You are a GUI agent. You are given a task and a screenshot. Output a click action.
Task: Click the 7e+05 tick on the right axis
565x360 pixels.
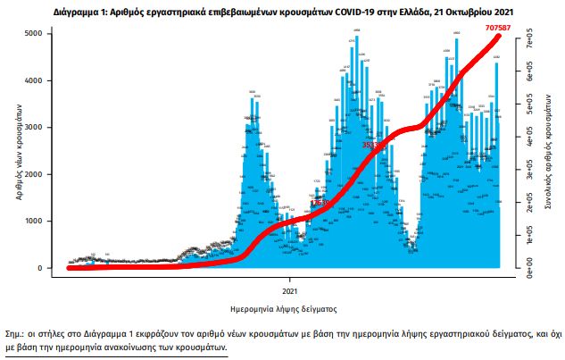pos(529,41)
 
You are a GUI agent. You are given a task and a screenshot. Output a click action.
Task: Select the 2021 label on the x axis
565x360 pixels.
pos(289,291)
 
